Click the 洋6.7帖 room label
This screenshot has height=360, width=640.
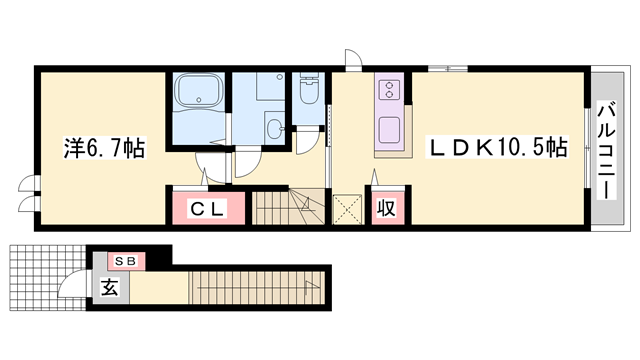104,148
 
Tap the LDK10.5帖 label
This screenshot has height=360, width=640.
497,147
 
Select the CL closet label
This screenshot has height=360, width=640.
207,209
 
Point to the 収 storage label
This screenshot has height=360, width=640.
386,208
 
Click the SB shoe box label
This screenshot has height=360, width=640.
126,261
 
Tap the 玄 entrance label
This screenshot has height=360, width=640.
109,287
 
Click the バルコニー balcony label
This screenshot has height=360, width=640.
607,151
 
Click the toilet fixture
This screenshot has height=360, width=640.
309,88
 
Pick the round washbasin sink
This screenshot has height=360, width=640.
275,129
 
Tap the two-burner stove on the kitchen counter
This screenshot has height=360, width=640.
389,89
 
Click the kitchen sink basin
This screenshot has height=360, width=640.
390,129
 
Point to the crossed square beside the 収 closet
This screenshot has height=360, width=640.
347,209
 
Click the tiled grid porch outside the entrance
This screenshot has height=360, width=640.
48,278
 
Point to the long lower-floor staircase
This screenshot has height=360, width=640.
257,288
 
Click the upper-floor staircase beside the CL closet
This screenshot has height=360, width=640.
288,206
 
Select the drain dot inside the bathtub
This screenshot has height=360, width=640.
199,100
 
